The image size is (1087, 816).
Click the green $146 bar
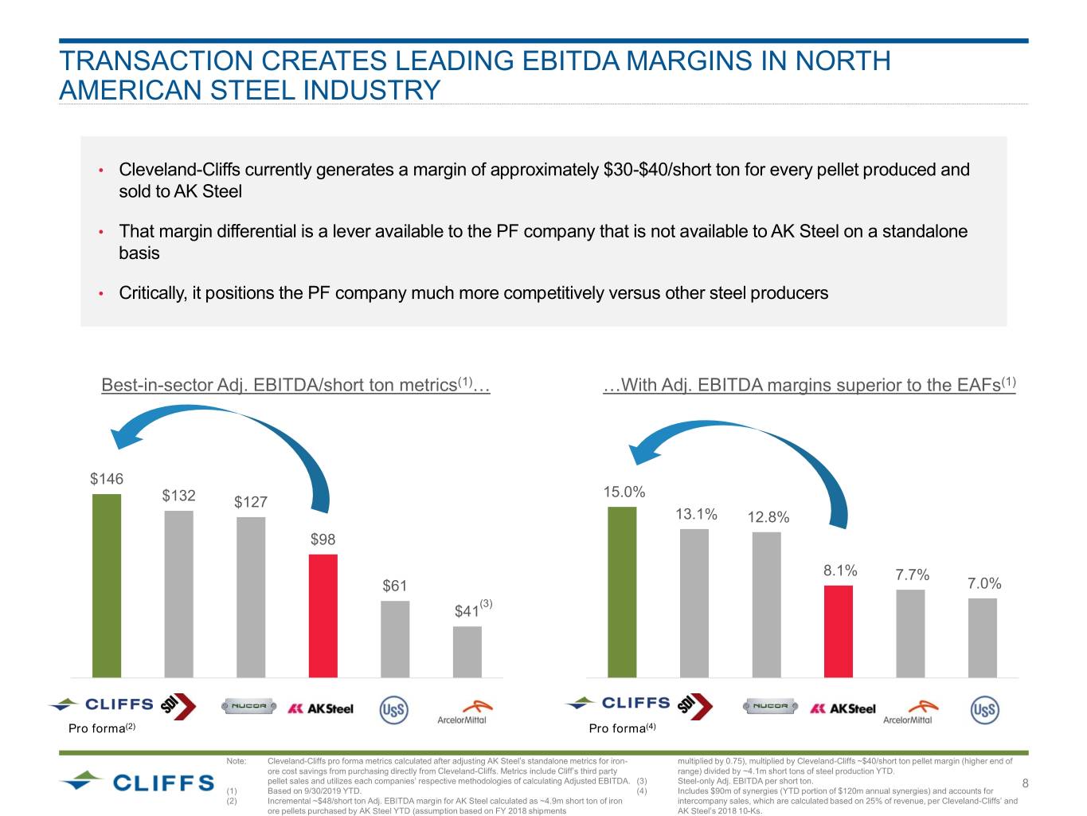click(107, 585)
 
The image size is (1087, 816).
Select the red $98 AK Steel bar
click(323, 615)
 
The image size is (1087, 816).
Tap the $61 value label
click(394, 586)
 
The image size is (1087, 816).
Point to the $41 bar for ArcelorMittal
click(467, 651)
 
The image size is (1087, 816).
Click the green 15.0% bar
click(622, 591)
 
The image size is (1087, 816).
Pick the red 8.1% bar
click(838, 630)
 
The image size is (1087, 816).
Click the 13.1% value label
click(696, 514)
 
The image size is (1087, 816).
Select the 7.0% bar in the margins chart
click(982, 637)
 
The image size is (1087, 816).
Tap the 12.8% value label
click(768, 517)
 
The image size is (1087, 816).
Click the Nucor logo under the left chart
click(250, 706)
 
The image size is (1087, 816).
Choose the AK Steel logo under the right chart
click(843, 708)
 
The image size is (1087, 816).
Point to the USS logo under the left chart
click(393, 709)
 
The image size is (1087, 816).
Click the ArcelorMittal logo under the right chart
click(909, 712)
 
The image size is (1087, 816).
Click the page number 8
click(1026, 783)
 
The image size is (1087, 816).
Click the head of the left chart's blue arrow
click(124, 436)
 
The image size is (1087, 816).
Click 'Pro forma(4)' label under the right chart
click(622, 728)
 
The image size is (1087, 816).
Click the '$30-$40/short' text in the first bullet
click(655, 170)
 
